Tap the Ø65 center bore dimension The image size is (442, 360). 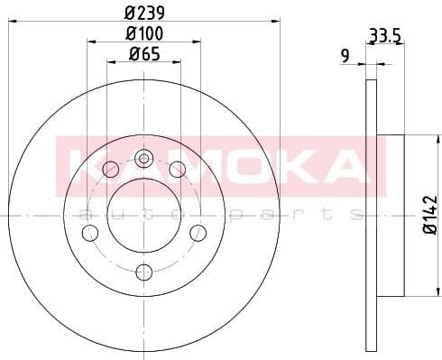tap(142, 54)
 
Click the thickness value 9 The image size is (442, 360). tap(345, 56)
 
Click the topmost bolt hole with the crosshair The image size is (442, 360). tap(143, 161)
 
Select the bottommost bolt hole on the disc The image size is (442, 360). tap(143, 271)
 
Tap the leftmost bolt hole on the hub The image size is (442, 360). tap(89, 234)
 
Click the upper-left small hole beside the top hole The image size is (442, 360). tap(111, 170)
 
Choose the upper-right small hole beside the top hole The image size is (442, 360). tap(177, 170)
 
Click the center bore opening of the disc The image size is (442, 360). tap(143, 216)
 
